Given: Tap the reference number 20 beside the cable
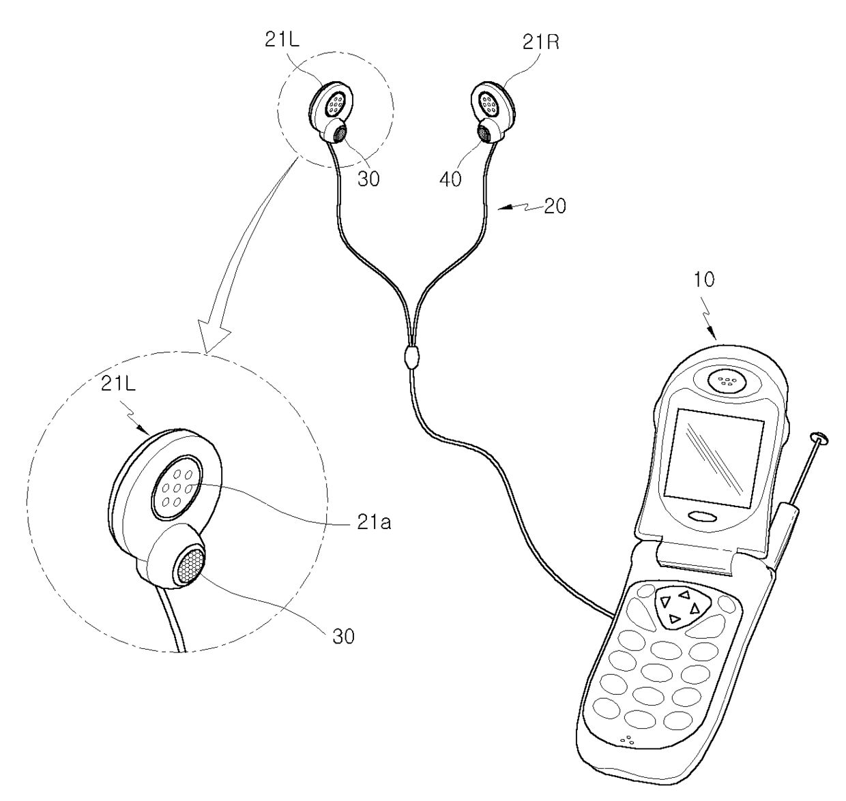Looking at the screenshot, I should click(x=555, y=206).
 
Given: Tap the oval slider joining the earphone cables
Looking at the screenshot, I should click(x=410, y=357).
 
